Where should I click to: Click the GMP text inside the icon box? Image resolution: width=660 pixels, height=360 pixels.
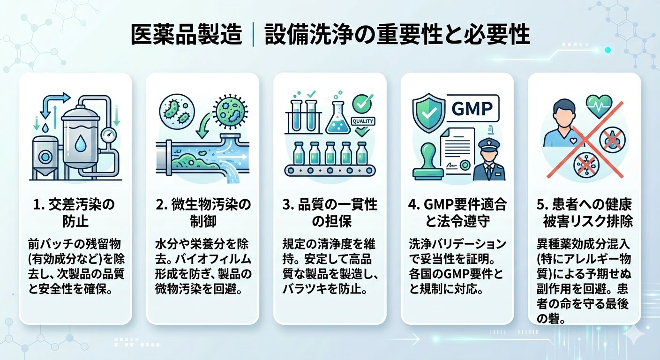(x=472, y=108)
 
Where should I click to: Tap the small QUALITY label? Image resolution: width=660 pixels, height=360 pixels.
(x=363, y=121)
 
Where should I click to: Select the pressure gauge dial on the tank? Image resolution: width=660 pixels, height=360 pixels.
(x=108, y=135)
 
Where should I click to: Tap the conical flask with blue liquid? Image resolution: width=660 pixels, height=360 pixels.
(x=338, y=118)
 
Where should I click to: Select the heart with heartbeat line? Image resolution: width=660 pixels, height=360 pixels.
(x=599, y=106)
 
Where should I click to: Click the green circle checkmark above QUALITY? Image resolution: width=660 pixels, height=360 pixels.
(x=362, y=104)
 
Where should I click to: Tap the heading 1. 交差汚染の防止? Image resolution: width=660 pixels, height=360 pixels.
(x=74, y=213)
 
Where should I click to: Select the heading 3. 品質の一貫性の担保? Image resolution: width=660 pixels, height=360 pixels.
(x=330, y=213)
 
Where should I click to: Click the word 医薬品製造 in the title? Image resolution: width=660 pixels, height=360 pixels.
(x=186, y=34)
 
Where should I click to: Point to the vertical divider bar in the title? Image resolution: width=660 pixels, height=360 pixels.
(x=254, y=35)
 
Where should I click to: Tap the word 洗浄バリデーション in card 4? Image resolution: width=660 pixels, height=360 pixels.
(x=457, y=244)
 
